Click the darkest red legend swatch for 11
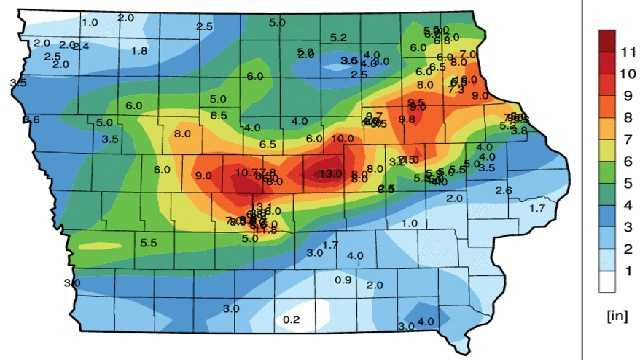pos(606,42)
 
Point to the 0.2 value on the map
pos(291,319)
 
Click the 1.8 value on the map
pos(140,51)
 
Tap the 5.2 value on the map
pos(338,38)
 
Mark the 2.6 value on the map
pos(503,190)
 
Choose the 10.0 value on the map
pos(342,138)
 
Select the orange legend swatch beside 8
pos(606,112)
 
